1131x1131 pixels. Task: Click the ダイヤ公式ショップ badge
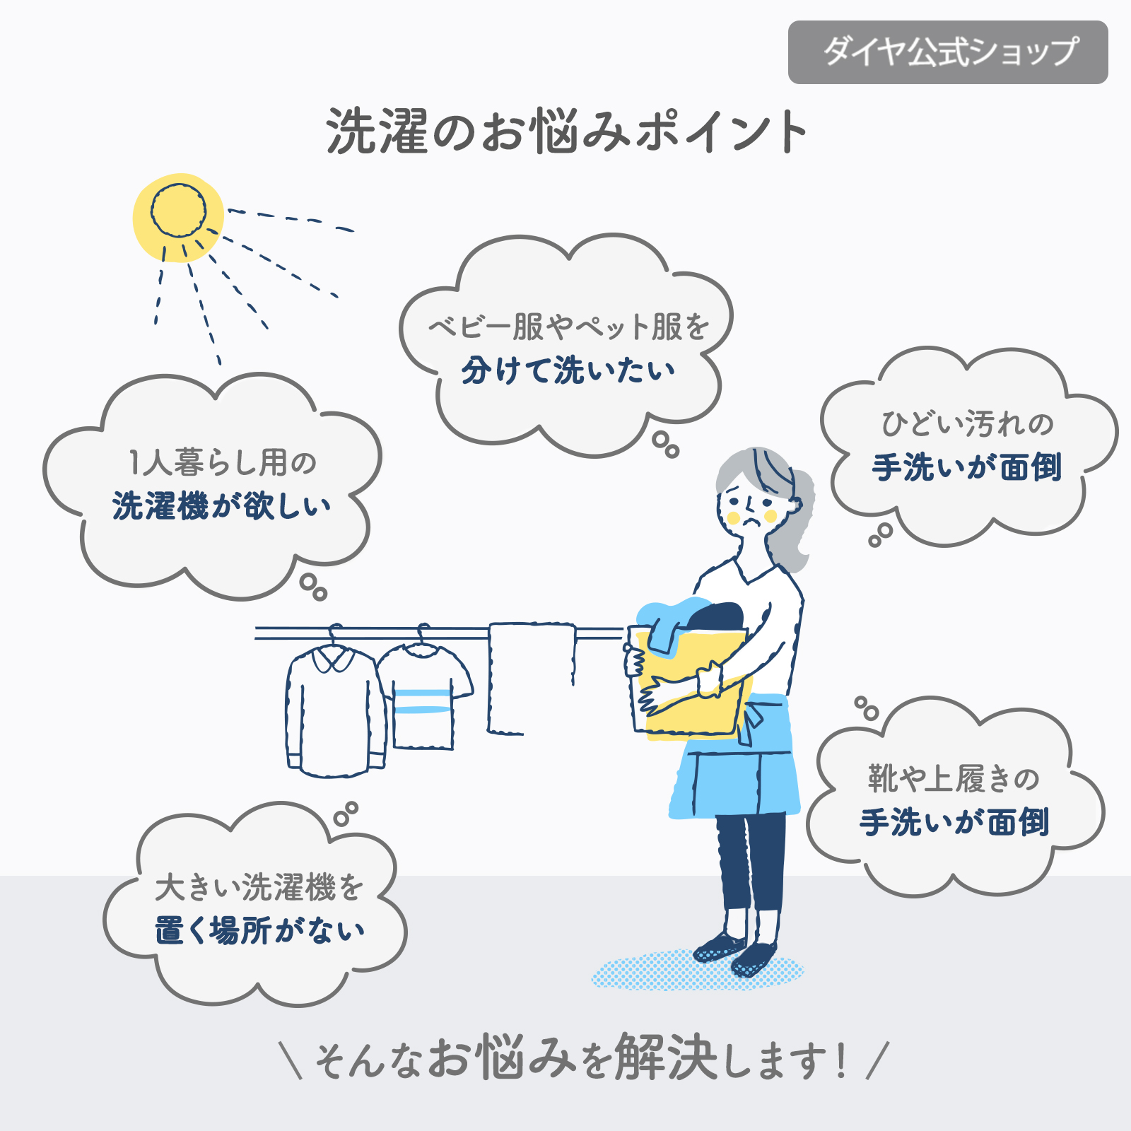coord(948,52)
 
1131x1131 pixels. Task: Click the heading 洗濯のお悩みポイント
coord(567,131)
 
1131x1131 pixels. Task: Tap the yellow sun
coord(178,217)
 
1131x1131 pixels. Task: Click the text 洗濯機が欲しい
coord(221,506)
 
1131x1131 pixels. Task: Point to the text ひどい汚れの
coord(967,424)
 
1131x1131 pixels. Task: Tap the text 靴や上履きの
coord(954,778)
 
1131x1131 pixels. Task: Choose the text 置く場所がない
coord(260,930)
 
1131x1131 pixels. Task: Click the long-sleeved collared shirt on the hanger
coord(336,709)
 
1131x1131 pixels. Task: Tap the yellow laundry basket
coord(689,682)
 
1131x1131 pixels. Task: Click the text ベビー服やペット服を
coord(569,327)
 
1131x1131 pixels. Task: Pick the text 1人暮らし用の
coord(222,463)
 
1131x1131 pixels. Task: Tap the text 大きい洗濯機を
coord(259,887)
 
